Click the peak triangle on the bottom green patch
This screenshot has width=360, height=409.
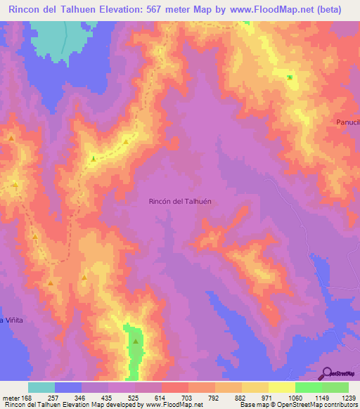[135, 342]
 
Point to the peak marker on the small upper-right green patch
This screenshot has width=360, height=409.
[289, 77]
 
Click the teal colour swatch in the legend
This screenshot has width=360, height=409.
[41, 387]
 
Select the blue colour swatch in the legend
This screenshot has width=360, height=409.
[68, 387]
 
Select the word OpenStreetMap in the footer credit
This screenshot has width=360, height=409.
[298, 405]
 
